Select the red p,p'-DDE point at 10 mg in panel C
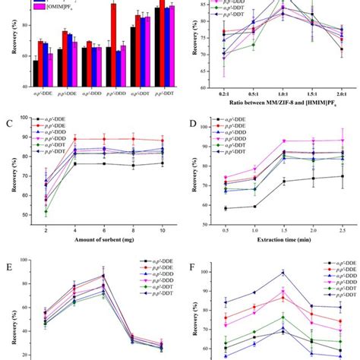pyautogui.click(x=160, y=141)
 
